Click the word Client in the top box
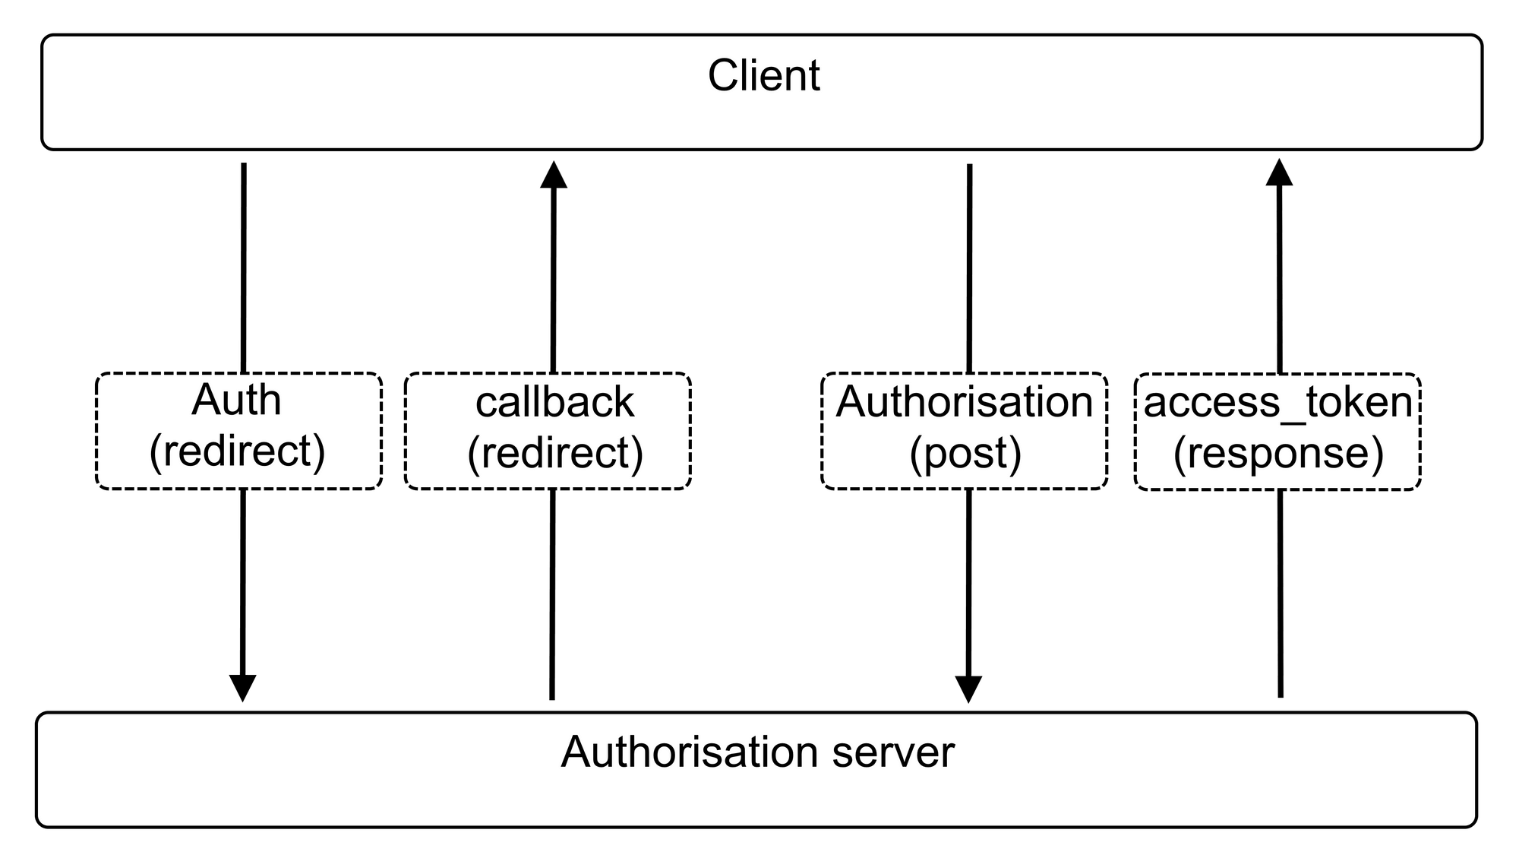(x=763, y=76)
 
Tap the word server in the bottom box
(x=893, y=752)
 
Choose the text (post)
(x=965, y=453)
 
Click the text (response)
(x=1278, y=453)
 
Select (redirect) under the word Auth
(x=237, y=451)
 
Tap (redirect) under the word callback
(x=555, y=453)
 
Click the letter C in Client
(x=722, y=76)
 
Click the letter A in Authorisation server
(x=575, y=752)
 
